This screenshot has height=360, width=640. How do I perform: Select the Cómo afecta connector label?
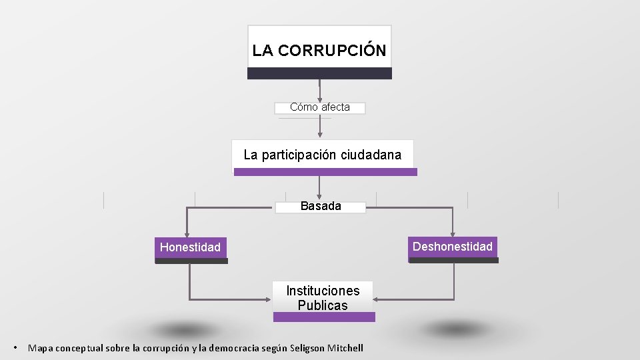tap(320, 107)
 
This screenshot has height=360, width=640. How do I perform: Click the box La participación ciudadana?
tap(323, 155)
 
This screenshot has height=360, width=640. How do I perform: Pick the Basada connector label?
tap(321, 207)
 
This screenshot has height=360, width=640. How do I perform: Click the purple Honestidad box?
tap(191, 247)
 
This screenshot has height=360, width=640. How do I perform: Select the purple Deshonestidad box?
tap(453, 247)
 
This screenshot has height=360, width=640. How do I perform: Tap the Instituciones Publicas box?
tap(323, 297)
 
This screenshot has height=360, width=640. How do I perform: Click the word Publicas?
tap(323, 306)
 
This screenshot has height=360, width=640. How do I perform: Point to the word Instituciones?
tap(323, 291)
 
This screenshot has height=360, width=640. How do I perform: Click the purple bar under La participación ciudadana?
tap(325, 172)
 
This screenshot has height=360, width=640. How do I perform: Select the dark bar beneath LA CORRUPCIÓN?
tap(319, 73)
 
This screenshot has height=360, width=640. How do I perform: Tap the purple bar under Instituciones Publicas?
tap(324, 317)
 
